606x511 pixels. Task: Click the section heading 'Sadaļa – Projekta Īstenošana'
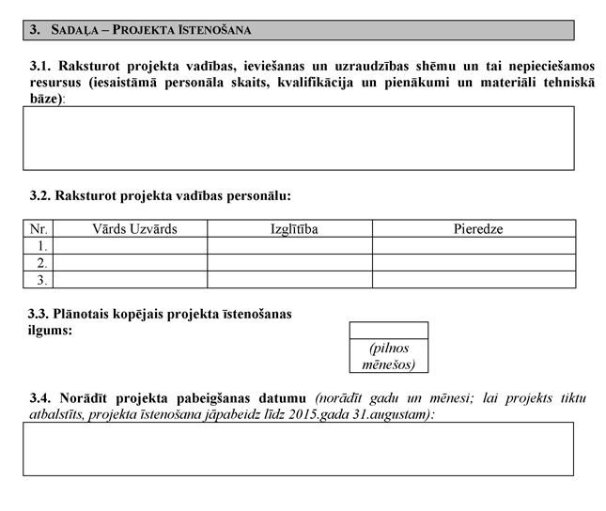pos(149,31)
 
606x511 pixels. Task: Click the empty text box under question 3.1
pos(299,137)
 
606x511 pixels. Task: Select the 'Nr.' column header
pos(39,228)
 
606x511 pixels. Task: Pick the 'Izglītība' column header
pos(288,228)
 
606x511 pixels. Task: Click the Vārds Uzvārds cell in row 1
pos(131,245)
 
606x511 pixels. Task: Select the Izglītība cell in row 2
pos(289,262)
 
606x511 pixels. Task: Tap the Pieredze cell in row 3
pos(474,279)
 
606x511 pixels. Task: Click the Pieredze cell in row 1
pos(474,245)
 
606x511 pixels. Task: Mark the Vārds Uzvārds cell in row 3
pos(131,279)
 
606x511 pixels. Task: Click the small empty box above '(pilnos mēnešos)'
pos(388,330)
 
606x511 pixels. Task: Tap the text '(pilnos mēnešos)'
pos(388,355)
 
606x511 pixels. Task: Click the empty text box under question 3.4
pos(299,448)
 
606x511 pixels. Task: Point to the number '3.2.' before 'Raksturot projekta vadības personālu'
pos(40,196)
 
